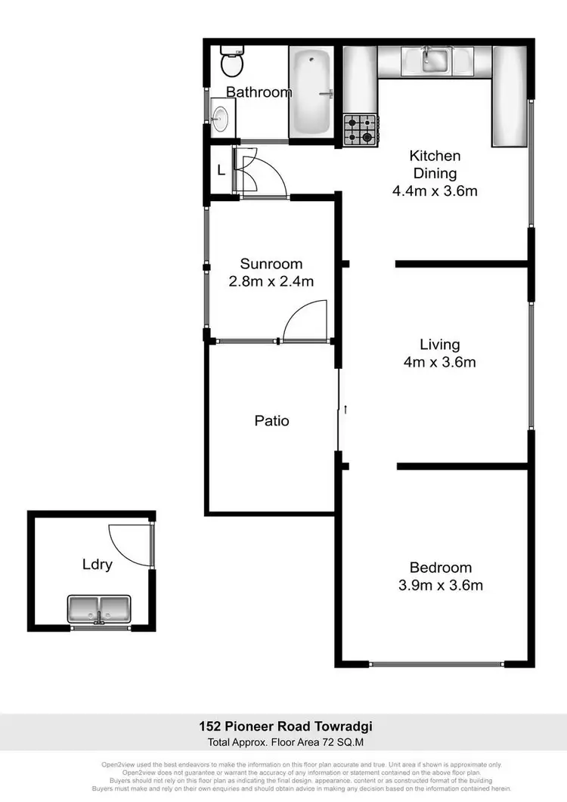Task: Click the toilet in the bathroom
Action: click(x=231, y=62)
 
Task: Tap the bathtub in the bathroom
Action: click(x=311, y=92)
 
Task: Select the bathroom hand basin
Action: click(x=220, y=118)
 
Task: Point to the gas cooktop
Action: click(x=360, y=130)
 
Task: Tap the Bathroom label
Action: click(x=259, y=93)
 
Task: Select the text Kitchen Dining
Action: click(x=435, y=165)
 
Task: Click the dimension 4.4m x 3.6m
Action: click(x=435, y=191)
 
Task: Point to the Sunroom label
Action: click(x=271, y=264)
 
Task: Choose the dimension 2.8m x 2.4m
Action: click(x=271, y=282)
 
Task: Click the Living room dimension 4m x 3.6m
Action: click(x=439, y=362)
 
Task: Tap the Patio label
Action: click(x=271, y=421)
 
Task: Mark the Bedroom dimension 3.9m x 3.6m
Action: click(x=441, y=585)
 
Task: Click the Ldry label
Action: click(x=98, y=565)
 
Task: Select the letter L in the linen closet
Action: click(x=221, y=171)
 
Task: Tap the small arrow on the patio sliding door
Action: click(x=345, y=409)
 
